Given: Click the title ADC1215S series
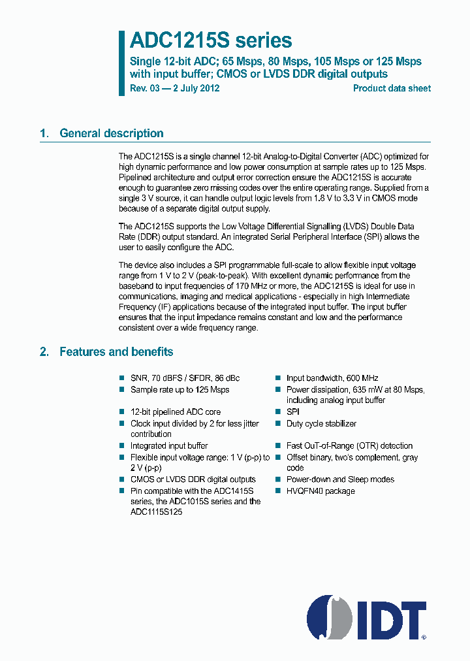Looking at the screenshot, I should (x=210, y=40).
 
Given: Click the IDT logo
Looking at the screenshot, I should (x=366, y=617).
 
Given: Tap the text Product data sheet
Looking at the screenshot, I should (x=392, y=88).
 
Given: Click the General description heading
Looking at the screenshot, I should (x=112, y=133).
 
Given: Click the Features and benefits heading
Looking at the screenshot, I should (x=116, y=351).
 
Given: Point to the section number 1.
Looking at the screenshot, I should (x=44, y=133).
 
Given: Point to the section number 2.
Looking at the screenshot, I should (x=44, y=351).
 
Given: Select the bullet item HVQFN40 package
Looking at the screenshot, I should (x=321, y=491).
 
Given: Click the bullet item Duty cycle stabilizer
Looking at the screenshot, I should (x=321, y=423).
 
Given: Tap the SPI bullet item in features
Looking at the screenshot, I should (x=293, y=411).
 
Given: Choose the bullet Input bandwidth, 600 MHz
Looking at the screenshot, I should (x=332, y=378).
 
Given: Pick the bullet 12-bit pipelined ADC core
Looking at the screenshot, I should (x=176, y=411).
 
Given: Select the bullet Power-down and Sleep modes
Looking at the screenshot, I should (x=340, y=479).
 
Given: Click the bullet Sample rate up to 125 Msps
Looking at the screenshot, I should (x=180, y=389).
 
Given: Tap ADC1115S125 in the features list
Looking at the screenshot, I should (x=156, y=512).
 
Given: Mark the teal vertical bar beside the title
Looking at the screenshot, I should (x=121, y=63).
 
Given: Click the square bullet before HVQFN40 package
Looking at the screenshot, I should (x=277, y=491).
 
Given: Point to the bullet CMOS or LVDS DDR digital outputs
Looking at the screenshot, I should (x=193, y=479).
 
